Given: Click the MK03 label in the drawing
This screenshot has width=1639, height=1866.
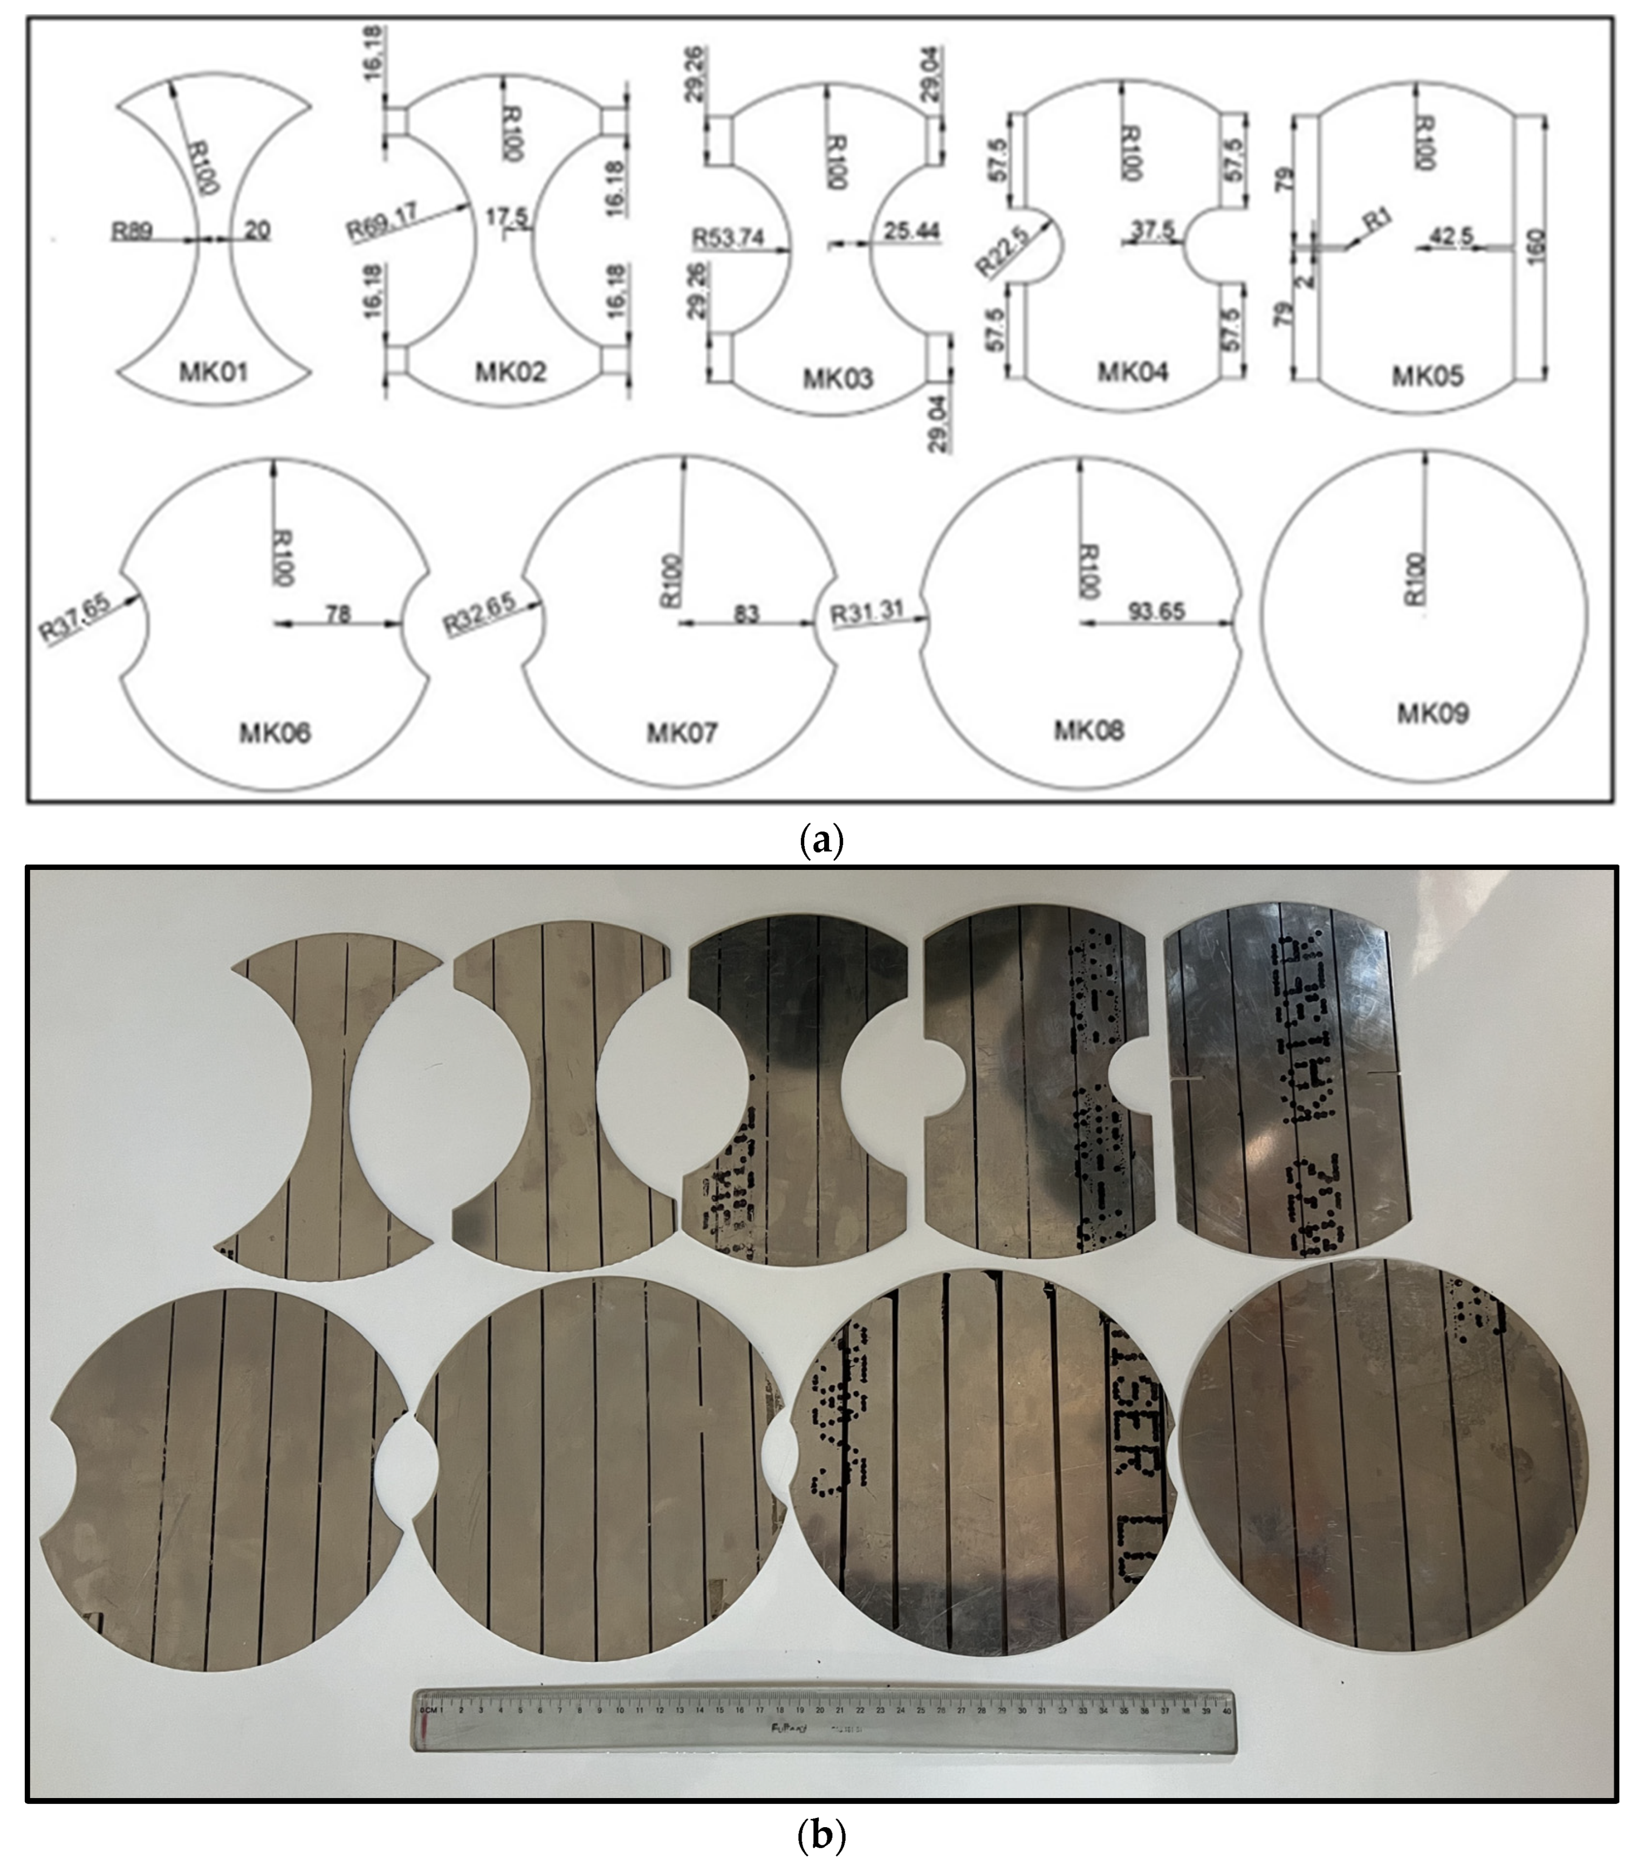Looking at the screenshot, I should tap(838, 378).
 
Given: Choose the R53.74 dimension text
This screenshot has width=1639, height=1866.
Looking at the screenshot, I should tap(728, 238).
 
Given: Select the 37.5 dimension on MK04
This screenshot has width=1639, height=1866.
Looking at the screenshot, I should tap(1153, 230).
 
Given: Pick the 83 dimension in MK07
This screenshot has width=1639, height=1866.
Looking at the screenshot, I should tap(746, 614).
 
